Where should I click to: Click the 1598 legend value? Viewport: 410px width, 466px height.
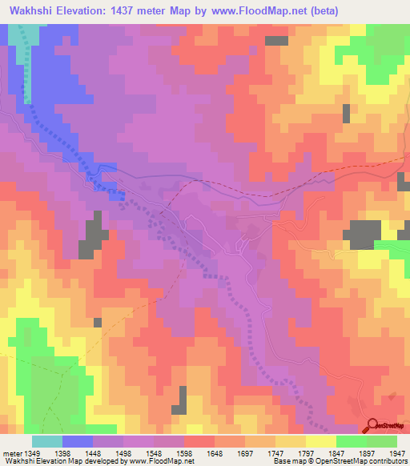click(x=196, y=453)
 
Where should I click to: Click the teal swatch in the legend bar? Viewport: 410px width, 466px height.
click(x=47, y=441)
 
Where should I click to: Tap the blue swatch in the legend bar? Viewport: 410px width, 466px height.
click(x=78, y=441)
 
